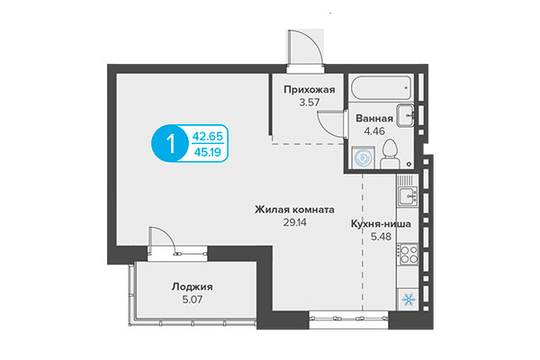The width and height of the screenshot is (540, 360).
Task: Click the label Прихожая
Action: pos(310,90)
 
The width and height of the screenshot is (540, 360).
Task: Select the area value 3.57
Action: pos(310,103)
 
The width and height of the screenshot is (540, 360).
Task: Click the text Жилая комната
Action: pos(295,207)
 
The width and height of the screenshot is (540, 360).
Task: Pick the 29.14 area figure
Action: pos(295,220)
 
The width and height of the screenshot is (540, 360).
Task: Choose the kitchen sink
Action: pos(408,193)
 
